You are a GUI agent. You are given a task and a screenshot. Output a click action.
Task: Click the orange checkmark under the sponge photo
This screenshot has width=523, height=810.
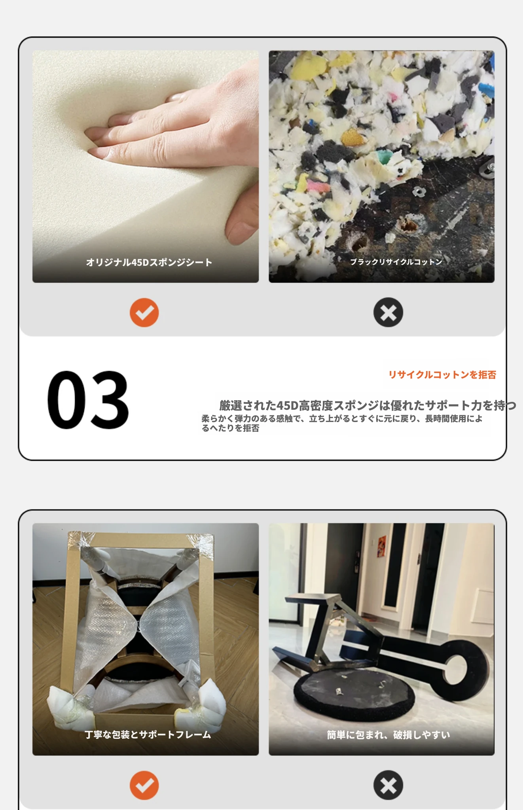(x=144, y=312)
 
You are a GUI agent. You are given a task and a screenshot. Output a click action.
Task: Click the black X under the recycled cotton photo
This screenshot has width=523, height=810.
(x=388, y=312)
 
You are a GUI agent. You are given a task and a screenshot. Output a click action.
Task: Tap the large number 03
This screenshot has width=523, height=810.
(x=88, y=400)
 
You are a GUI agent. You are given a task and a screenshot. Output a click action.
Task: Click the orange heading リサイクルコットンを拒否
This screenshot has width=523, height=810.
(x=442, y=375)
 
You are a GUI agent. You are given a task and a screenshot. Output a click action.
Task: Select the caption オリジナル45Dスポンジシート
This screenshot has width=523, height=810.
(x=149, y=262)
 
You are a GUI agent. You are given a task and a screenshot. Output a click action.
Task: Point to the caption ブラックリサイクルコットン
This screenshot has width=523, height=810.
(x=396, y=261)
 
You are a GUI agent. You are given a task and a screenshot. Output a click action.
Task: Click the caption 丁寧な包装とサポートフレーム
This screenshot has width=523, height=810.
(x=148, y=734)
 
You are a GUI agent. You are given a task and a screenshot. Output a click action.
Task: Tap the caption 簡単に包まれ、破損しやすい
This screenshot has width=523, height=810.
(x=388, y=734)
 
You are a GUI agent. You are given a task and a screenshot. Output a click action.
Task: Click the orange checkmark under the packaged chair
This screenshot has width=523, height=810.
(x=144, y=785)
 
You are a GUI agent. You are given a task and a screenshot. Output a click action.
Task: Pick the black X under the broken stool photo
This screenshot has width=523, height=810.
(x=388, y=785)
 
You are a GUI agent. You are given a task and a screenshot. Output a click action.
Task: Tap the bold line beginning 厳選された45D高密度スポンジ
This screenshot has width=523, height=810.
(x=368, y=405)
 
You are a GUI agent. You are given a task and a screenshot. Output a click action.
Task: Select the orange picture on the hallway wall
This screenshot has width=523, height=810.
(x=382, y=546)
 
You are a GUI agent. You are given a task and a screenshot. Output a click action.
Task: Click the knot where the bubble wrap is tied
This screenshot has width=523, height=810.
(x=138, y=625)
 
